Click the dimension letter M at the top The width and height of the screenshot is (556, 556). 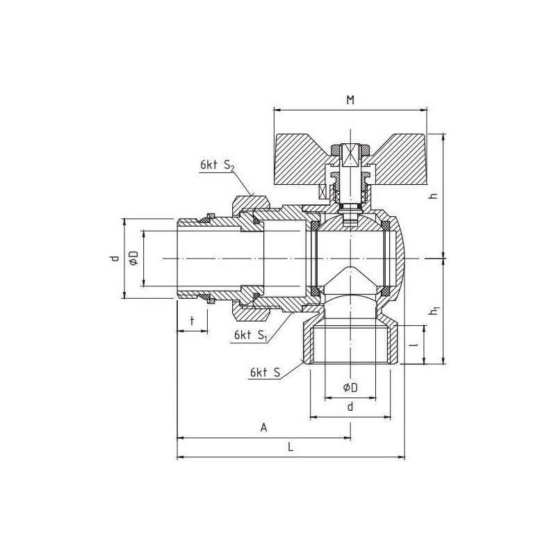[350, 100]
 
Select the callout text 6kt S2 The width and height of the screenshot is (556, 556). [218, 165]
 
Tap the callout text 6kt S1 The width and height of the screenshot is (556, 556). [250, 336]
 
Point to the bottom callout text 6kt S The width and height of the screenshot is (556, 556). [265, 373]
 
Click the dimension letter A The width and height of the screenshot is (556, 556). [263, 428]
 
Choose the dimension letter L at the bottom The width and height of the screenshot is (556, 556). [291, 448]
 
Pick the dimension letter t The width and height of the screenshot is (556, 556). [192, 321]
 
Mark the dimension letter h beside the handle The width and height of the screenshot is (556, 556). [433, 195]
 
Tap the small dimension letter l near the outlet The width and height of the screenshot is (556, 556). [416, 344]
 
